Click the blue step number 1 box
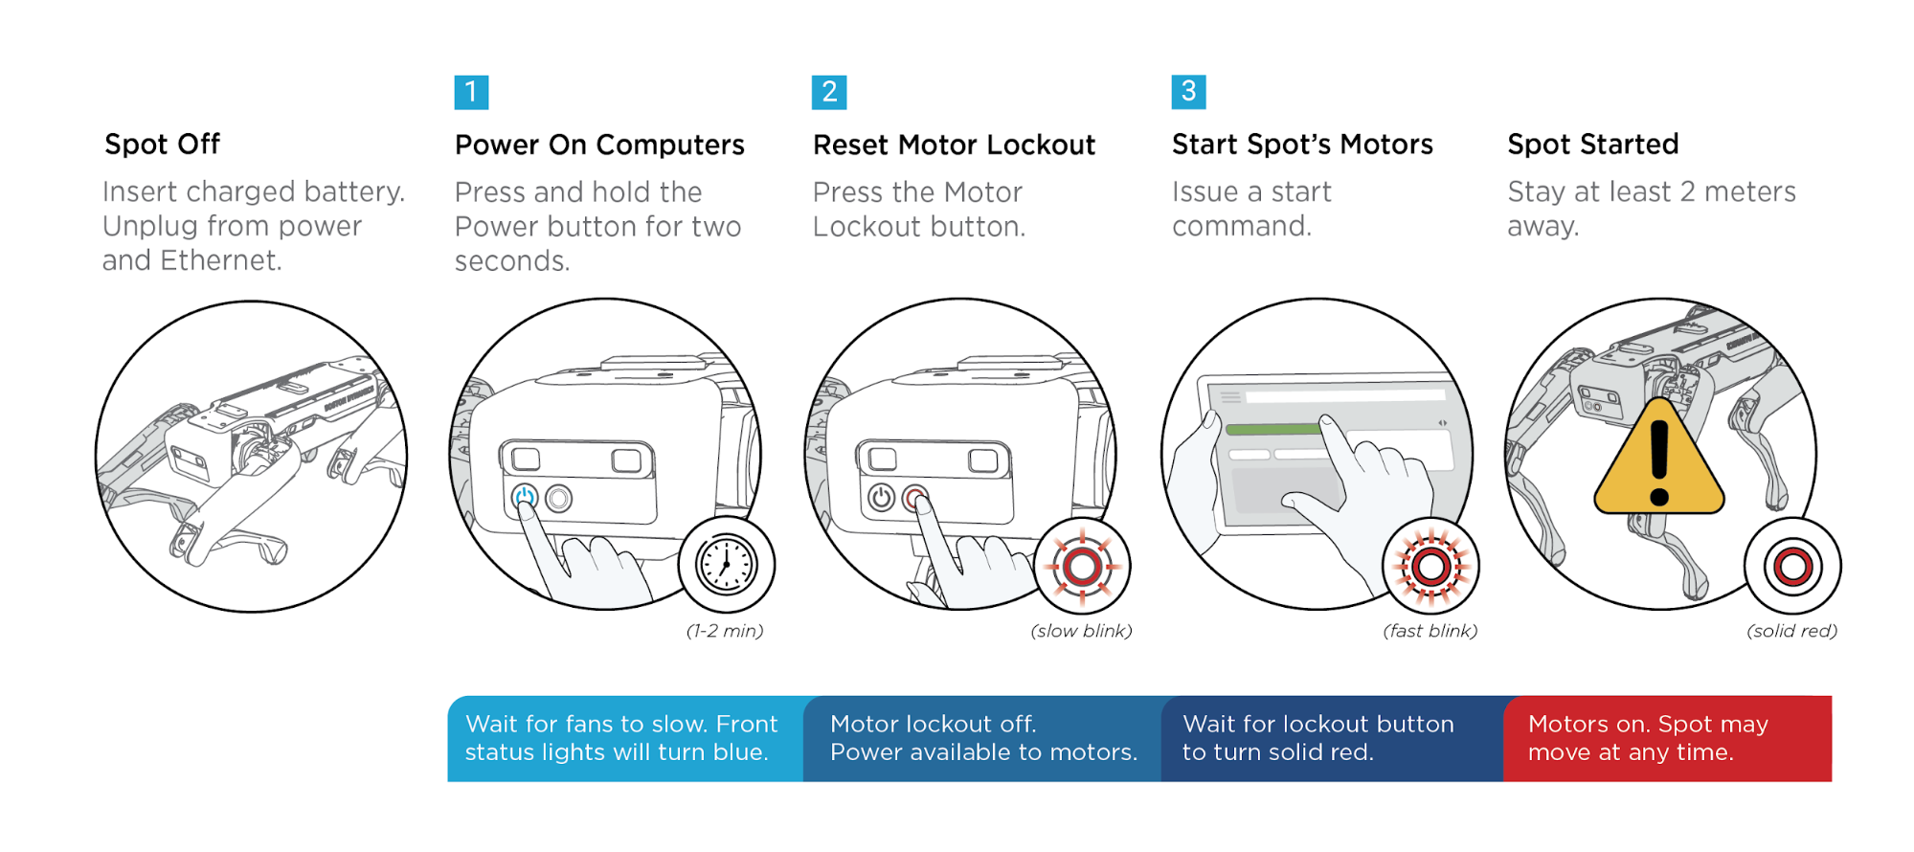click(471, 93)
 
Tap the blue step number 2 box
click(829, 93)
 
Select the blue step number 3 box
click(1188, 92)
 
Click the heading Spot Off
click(162, 145)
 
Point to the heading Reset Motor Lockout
click(954, 145)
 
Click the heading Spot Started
click(1592, 145)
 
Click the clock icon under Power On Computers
click(726, 565)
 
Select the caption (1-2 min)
click(725, 631)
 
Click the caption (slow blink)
click(1081, 631)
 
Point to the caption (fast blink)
click(1430, 631)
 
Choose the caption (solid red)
click(1791, 631)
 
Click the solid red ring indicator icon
click(1792, 567)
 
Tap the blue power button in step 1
click(524, 498)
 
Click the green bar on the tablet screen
click(1273, 429)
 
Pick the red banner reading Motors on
click(1667, 738)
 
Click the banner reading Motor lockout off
click(982, 738)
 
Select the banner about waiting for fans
click(624, 738)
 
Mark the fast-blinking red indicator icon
click(1430, 567)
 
